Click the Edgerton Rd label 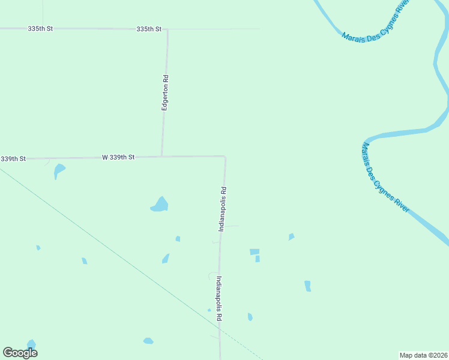(165, 92)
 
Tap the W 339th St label (118, 157)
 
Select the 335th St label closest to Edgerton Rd (149, 29)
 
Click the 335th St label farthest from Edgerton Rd (41, 29)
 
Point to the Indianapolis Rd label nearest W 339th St (222, 209)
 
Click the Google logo (20, 353)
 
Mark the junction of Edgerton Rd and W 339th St (161, 157)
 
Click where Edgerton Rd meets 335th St (167, 29)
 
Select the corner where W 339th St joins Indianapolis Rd (225, 157)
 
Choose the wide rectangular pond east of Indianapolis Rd (255, 252)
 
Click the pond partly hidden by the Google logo (31, 344)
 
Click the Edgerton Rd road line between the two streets (164, 120)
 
